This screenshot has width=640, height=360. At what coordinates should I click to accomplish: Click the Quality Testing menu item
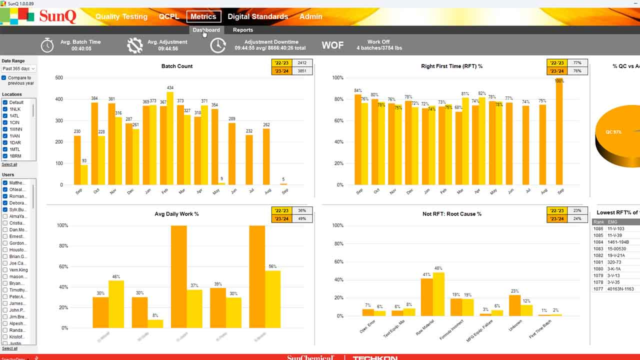tap(121, 16)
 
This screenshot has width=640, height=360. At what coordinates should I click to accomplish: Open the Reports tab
tap(243, 30)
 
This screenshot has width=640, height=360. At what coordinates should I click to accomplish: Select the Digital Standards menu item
tap(257, 16)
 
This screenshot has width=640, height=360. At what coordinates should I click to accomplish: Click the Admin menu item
tap(310, 16)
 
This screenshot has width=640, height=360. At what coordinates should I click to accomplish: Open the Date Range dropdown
tap(18, 68)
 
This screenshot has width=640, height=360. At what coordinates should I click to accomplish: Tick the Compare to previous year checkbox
tap(4, 78)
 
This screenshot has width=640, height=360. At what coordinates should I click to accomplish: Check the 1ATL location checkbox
tap(5, 116)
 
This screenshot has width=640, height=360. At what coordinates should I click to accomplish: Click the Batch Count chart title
tap(177, 66)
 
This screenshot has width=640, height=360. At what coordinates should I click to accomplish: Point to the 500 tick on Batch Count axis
tap(59, 78)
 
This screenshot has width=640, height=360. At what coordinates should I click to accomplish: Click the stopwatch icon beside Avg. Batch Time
tap(47, 45)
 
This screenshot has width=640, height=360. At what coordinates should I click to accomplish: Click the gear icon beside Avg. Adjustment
tap(134, 45)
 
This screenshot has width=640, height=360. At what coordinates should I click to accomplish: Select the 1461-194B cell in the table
tap(618, 242)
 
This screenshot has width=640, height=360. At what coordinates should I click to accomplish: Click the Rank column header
tap(598, 222)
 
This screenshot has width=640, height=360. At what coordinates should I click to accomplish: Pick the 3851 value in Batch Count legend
tap(302, 71)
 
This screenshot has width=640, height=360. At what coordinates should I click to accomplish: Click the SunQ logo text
tap(57, 16)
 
